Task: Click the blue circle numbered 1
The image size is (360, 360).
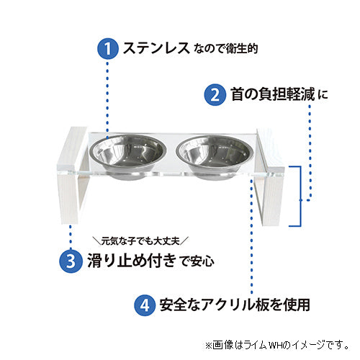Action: coord(107,49)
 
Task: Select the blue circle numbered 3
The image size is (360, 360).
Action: coord(68,259)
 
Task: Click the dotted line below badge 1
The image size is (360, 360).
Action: coord(107,94)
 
